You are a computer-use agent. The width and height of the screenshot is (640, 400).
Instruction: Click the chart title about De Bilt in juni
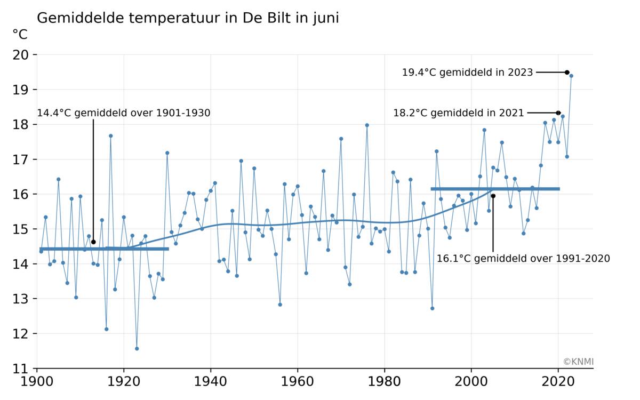point(188,18)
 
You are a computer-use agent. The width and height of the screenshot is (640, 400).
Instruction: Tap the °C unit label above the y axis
point(20,35)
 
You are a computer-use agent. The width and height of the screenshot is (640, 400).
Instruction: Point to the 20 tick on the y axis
point(22,55)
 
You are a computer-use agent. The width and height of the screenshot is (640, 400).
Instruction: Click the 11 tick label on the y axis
point(22,369)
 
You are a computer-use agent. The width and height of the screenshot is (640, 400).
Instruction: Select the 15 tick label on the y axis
point(22,229)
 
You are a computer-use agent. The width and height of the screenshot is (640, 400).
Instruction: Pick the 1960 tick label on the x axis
point(297,383)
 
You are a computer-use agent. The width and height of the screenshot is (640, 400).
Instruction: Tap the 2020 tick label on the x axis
point(558,383)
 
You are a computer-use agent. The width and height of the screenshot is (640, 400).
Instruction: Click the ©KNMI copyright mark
point(578,362)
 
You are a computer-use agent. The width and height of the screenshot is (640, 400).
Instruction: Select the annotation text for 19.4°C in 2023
point(467,73)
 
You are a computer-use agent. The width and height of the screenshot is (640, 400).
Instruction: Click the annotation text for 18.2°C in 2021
point(459,113)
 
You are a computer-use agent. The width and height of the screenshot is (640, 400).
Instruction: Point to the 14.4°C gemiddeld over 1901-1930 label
point(124,113)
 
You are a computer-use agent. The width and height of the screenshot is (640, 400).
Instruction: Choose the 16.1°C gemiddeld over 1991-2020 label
point(523,259)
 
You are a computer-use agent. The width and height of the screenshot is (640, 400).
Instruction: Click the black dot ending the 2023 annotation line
point(567,73)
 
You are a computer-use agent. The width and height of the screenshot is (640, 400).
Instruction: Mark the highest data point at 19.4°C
point(571,76)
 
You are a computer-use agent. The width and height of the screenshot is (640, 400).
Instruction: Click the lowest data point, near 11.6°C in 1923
point(137,349)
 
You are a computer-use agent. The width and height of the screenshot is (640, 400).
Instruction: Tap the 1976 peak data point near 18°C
point(367,125)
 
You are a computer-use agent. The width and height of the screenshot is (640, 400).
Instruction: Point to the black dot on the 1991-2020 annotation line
point(493,196)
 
